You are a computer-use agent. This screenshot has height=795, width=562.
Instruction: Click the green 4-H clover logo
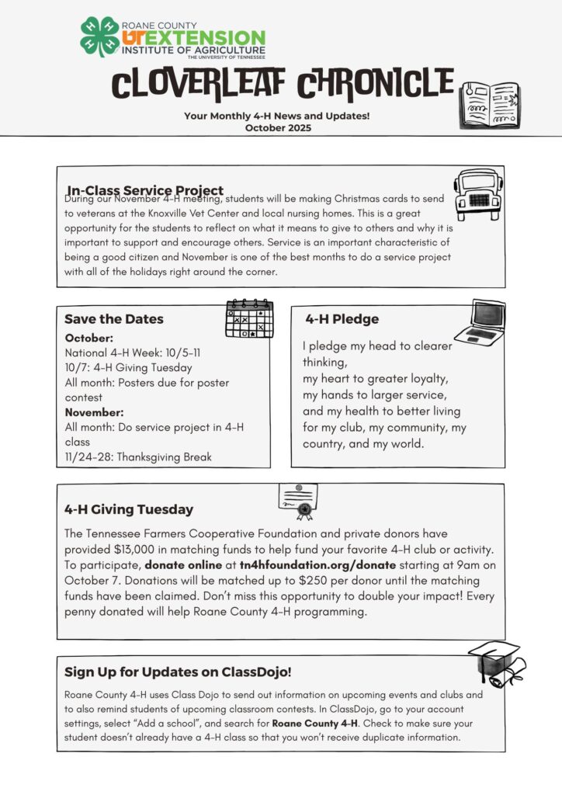pos(99,36)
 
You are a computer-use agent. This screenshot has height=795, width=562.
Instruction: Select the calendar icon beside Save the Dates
pos(249,318)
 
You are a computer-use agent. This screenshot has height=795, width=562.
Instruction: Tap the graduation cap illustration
pos(497,664)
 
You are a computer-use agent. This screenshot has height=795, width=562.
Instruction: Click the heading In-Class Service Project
pos(145,190)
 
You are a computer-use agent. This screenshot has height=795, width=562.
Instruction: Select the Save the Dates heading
pos(114,319)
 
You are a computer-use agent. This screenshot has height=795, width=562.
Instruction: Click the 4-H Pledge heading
pos(342,319)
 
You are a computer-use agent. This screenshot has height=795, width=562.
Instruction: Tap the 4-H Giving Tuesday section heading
pos(129,510)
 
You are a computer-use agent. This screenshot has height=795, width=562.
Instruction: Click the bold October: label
pos(89,338)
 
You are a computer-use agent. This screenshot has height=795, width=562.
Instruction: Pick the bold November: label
pos(94,412)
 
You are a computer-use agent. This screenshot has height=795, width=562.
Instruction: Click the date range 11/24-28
pos(86,457)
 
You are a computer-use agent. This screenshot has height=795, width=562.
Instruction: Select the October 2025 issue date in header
pos(278,128)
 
